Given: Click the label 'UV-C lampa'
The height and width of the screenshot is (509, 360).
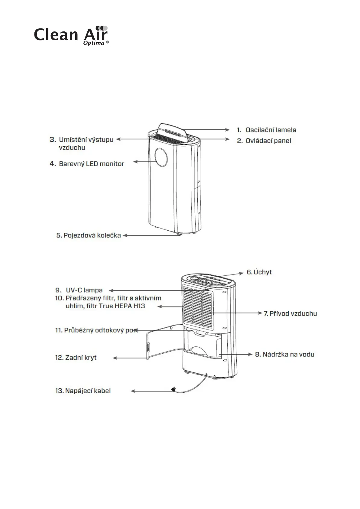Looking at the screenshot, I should point(84,290).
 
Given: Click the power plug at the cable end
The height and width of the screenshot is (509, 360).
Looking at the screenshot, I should point(174,389).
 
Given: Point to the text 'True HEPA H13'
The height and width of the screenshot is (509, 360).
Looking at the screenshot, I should point(122,306).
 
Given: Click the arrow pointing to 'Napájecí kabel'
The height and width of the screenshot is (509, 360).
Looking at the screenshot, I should point(151,391).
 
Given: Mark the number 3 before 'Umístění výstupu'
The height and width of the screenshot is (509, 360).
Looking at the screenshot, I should point(53,140).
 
